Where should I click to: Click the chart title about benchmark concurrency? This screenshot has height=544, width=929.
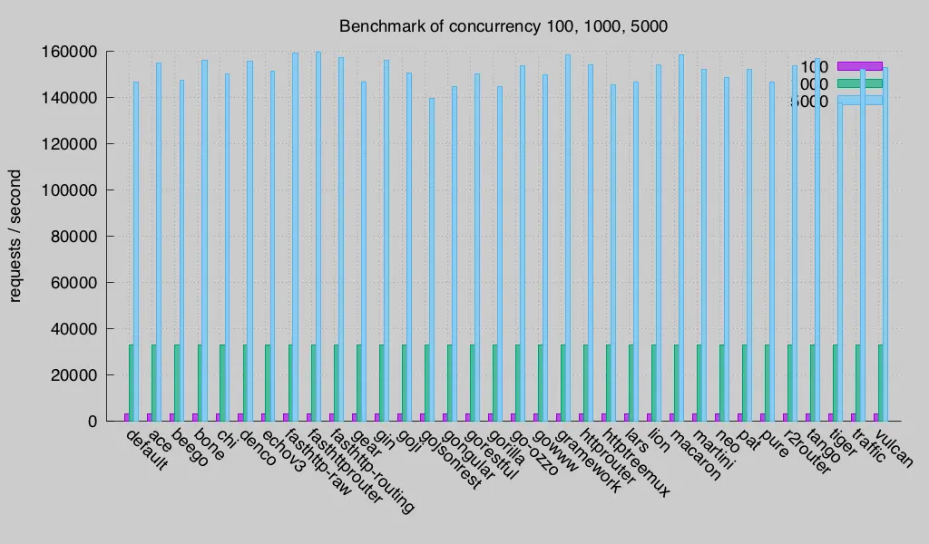click(x=504, y=25)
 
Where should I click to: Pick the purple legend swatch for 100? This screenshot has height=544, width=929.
click(x=858, y=66)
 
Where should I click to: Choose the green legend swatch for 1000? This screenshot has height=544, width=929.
click(x=858, y=83)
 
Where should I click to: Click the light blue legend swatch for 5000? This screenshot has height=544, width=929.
click(x=858, y=101)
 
